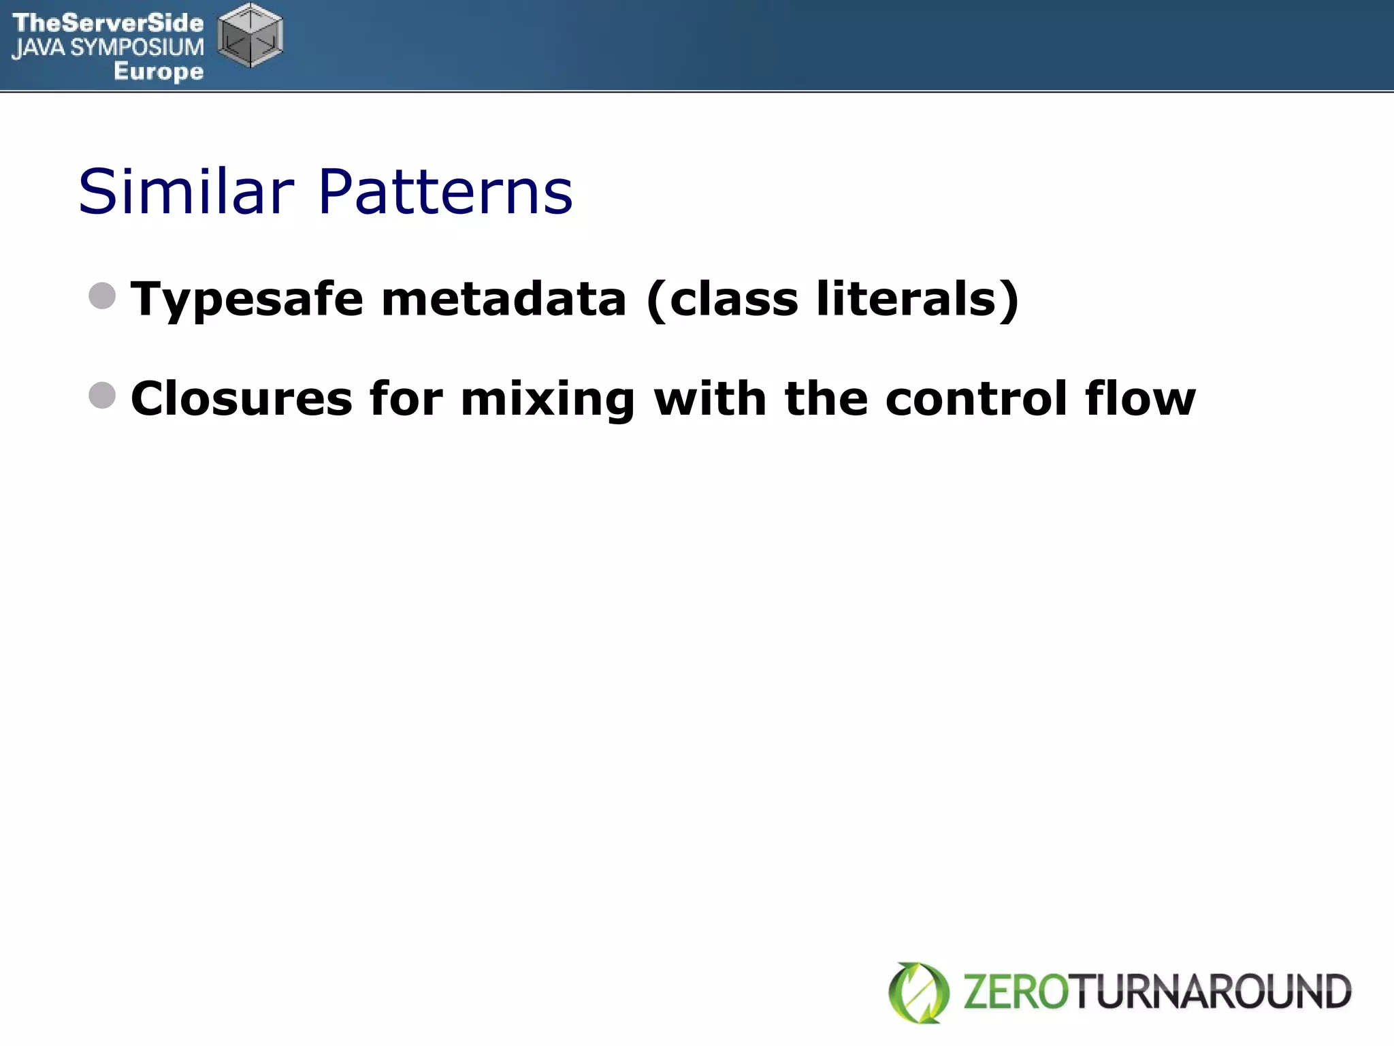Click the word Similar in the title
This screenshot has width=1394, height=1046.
(186, 192)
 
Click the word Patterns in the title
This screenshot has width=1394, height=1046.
(445, 192)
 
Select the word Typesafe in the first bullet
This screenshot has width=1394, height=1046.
(246, 300)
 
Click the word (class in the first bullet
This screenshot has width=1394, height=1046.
(722, 300)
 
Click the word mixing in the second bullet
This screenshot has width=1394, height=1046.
(548, 400)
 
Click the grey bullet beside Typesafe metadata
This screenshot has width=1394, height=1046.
(102, 296)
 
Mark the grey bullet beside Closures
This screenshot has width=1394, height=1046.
(102, 396)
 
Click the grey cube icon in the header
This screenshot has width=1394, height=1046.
(250, 35)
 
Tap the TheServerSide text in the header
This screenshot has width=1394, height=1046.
(108, 22)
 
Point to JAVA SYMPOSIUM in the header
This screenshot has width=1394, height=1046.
(108, 47)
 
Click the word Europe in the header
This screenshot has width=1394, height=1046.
(159, 71)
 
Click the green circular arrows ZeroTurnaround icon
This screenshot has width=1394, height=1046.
(919, 992)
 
